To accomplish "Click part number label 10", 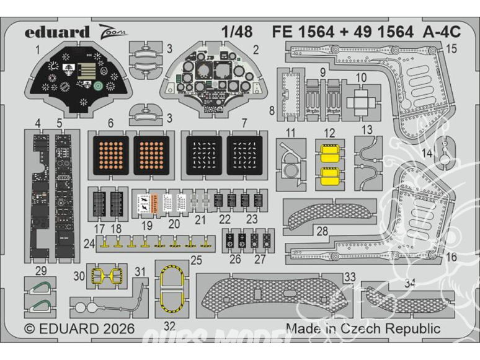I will (362, 78).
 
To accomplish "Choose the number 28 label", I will (322, 231).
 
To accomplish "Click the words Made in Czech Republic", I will (363, 329).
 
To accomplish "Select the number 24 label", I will (89, 243).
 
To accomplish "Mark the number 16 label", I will (451, 257).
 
